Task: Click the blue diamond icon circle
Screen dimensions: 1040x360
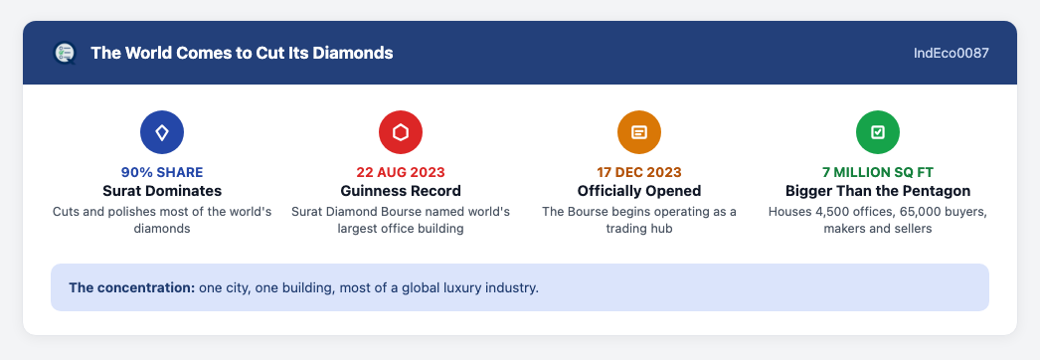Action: point(162,132)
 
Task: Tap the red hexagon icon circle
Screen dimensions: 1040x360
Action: point(401,132)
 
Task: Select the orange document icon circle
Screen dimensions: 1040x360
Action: point(639,132)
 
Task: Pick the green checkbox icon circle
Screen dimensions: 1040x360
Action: point(878,132)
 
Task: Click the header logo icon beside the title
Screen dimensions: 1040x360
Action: point(65,53)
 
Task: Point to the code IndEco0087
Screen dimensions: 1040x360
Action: point(952,53)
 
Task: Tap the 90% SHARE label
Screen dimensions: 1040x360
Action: point(162,172)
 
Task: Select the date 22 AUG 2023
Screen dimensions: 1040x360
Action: point(401,172)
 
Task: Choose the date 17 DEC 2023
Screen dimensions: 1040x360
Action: point(639,172)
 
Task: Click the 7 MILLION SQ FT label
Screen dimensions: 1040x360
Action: point(878,172)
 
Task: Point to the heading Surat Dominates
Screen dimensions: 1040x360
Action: point(162,191)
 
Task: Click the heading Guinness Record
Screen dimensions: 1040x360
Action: point(401,191)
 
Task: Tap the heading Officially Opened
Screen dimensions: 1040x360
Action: point(639,191)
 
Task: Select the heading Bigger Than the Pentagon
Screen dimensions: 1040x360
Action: point(878,191)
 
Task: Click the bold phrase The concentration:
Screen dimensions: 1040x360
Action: point(131,288)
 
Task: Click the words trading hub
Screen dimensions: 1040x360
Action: point(639,229)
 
